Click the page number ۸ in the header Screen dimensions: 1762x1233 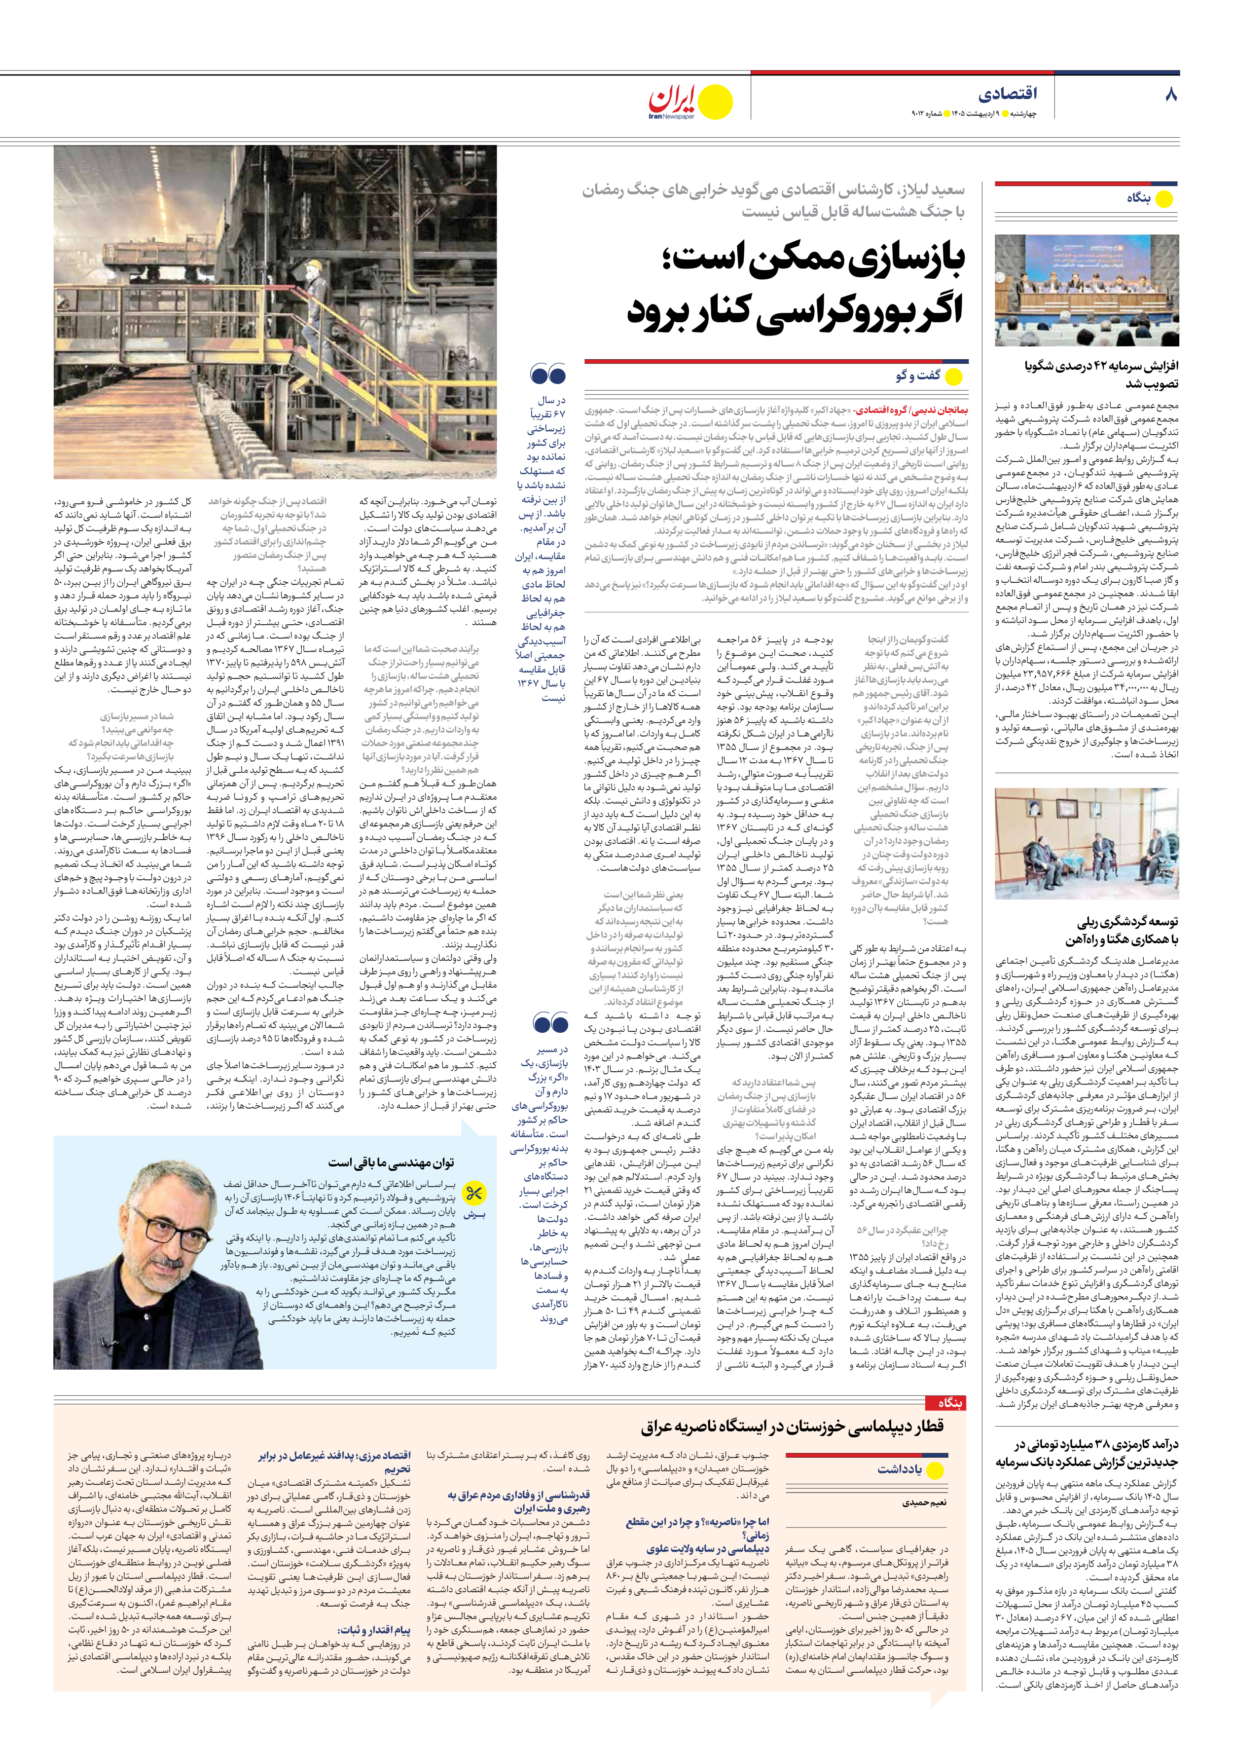pos(1170,94)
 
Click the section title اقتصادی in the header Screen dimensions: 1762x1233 pos(1008,94)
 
